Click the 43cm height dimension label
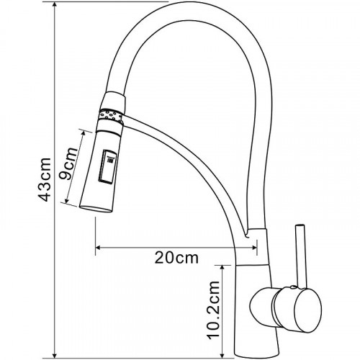[45, 179]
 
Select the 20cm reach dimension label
[176, 258]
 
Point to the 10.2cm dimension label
[214, 310]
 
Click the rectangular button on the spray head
[107, 166]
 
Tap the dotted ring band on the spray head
[111, 116]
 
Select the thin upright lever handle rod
[301, 256]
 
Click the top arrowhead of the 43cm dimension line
[55, 5]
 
